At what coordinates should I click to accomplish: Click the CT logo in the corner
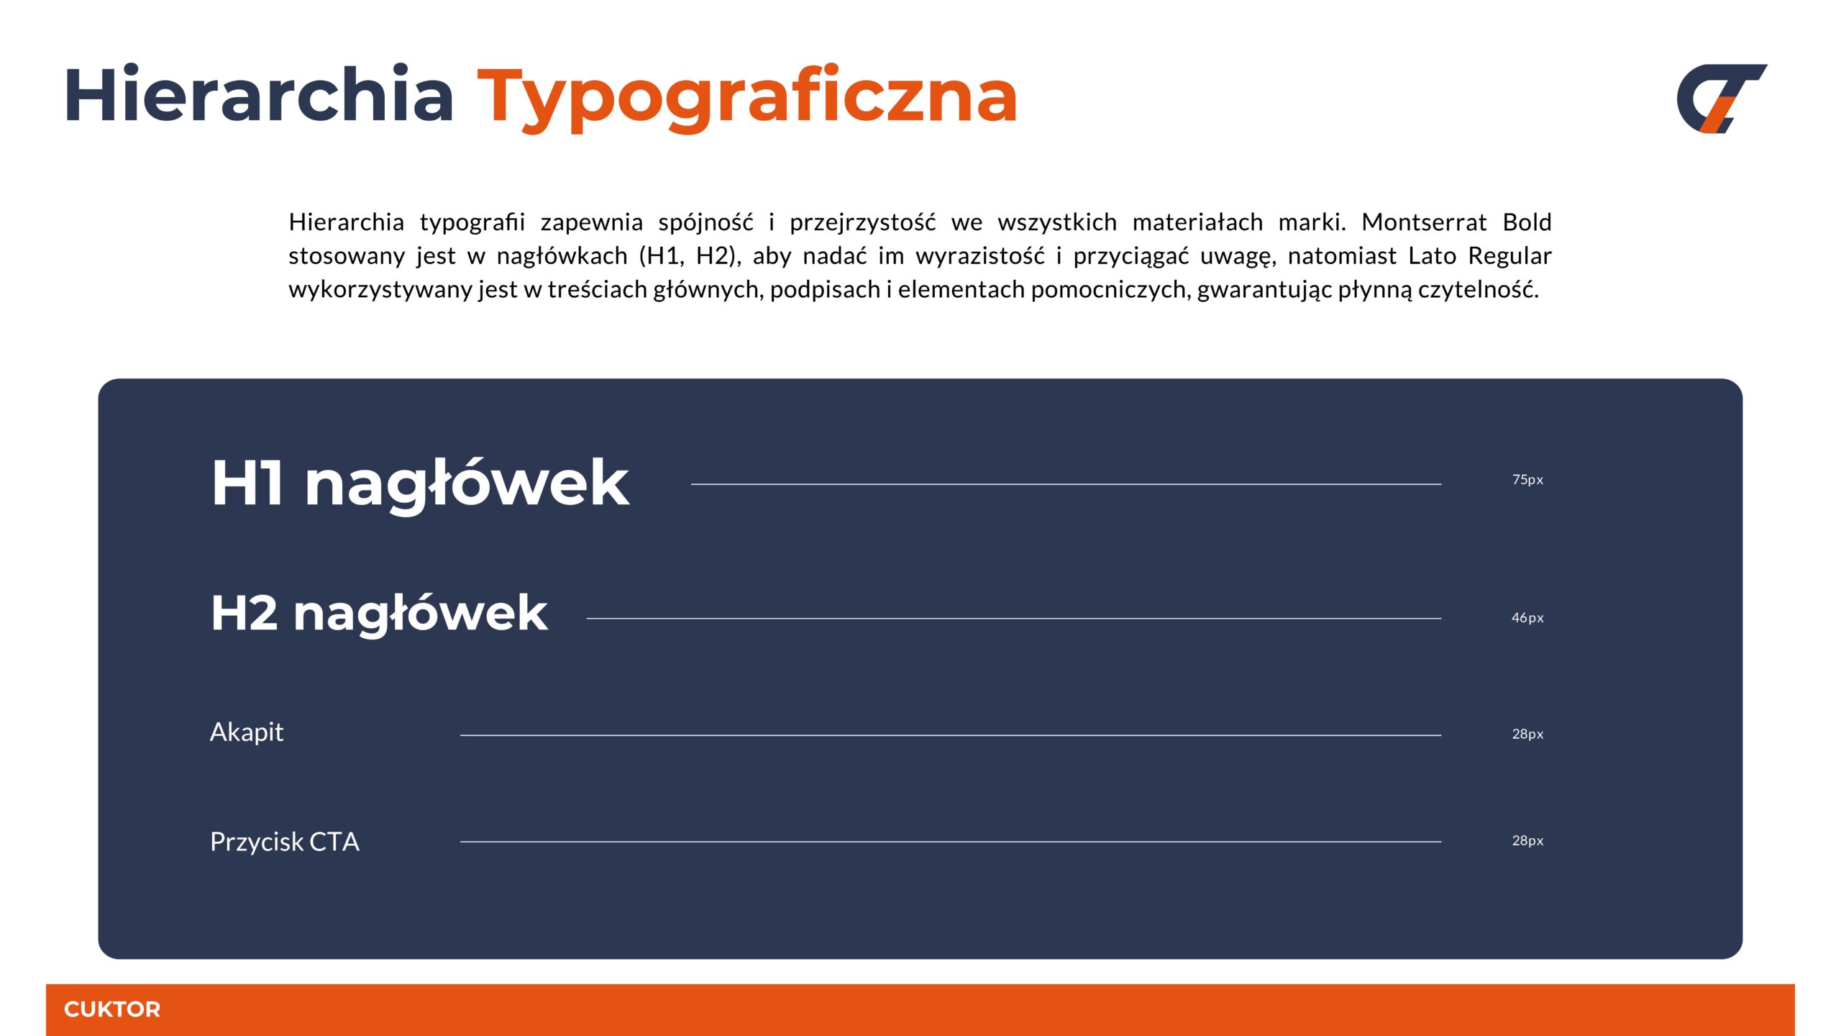click(x=1721, y=99)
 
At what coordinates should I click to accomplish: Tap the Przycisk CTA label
click(x=285, y=842)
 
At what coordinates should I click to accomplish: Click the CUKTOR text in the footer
click(x=112, y=1009)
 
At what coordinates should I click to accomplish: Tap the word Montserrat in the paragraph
click(x=1424, y=222)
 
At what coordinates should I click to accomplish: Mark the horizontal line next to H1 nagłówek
click(x=1066, y=484)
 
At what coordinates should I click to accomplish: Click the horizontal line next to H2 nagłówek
click(x=1014, y=618)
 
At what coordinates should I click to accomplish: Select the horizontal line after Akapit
click(x=951, y=735)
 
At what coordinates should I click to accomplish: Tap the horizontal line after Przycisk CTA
click(x=951, y=841)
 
